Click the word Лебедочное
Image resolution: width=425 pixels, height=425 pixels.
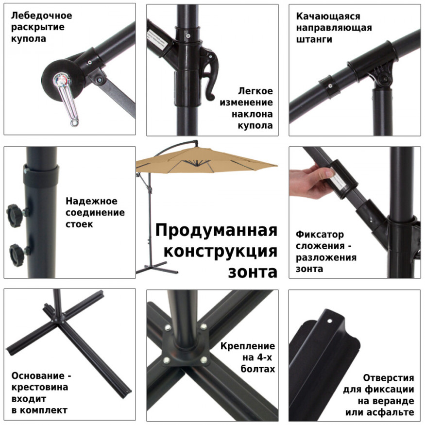[41, 16]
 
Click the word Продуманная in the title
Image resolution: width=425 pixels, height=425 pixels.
[216, 230]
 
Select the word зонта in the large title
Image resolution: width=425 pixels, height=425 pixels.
[253, 272]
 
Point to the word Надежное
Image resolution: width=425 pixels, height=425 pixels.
[91, 201]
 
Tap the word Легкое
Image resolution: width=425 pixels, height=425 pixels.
[255, 91]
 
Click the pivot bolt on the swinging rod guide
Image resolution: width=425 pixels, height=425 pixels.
[384, 78]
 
